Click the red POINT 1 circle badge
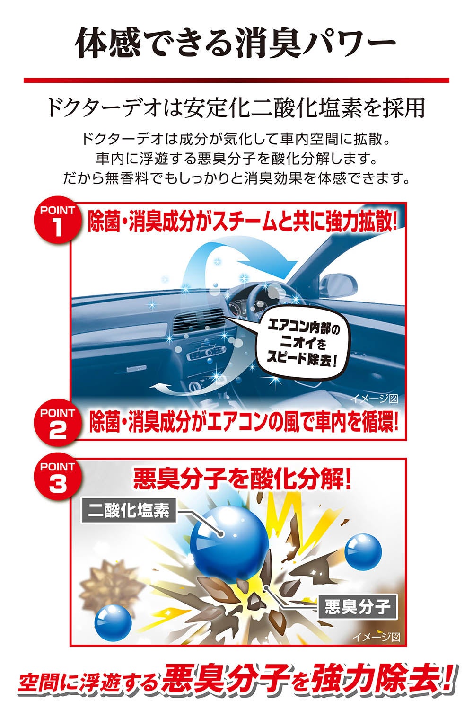pos(57,221)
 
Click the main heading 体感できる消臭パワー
pos(236,43)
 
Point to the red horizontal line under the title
pos(236,80)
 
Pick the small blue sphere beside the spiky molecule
pos(113,627)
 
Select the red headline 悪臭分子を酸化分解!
pos(242,479)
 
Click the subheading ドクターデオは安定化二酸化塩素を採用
pos(236,108)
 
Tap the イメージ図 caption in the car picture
pos(375,398)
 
